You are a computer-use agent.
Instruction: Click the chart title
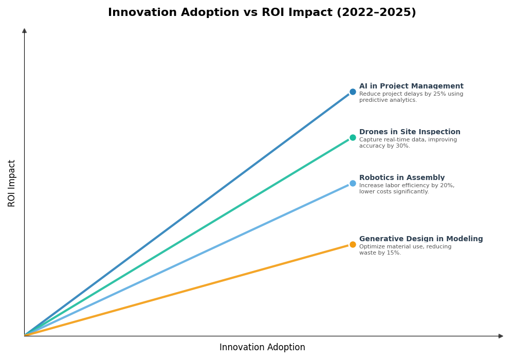[262, 13]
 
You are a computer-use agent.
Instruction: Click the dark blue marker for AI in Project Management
[353, 92]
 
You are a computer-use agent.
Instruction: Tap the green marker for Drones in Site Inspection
[353, 138]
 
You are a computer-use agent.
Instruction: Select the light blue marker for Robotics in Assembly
[353, 184]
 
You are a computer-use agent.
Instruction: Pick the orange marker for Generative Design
[353, 245]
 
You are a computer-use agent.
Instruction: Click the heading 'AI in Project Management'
[411, 86]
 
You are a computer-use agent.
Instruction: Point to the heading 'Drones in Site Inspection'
[410, 132]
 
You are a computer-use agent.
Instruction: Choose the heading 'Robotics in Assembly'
[402, 178]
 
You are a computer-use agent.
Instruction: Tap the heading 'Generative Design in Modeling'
[421, 239]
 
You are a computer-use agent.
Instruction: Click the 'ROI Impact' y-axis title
[12, 183]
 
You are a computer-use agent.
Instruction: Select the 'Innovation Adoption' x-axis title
[262, 348]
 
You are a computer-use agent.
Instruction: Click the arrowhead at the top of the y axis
[24, 31]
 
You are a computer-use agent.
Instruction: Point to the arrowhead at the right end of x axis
[501, 336]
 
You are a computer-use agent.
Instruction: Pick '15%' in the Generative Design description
[393, 253]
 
